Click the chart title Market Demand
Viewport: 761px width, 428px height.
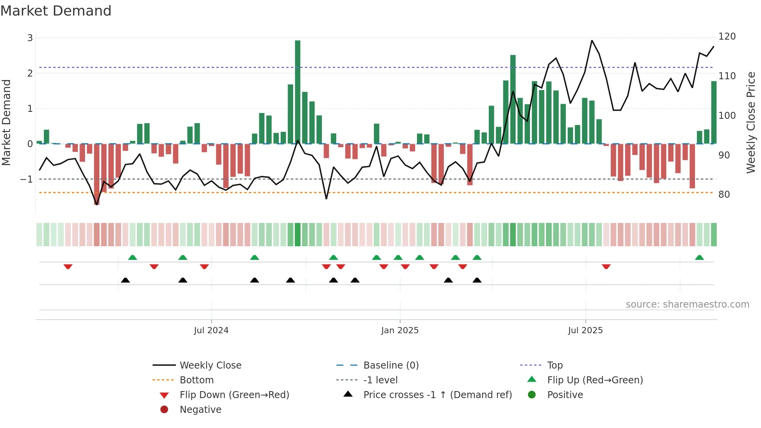click(56, 11)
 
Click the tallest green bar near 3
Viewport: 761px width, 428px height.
click(297, 92)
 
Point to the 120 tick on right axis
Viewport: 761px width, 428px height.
click(727, 37)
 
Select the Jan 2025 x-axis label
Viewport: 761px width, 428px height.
click(400, 331)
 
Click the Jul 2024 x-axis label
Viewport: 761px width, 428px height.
click(211, 331)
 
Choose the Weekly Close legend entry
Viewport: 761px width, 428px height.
click(210, 365)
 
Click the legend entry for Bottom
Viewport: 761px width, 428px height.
click(196, 380)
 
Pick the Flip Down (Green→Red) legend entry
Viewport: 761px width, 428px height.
click(234, 395)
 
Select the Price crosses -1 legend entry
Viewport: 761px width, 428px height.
click(437, 395)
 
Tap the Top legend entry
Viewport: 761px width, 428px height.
click(554, 365)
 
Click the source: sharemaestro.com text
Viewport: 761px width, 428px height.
click(687, 304)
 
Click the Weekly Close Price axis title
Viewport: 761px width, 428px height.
click(751, 122)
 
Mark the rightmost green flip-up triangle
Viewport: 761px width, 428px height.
click(699, 257)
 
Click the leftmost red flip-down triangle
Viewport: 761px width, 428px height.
click(68, 266)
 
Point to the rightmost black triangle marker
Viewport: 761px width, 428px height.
click(477, 280)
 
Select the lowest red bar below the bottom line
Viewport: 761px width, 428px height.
click(97, 175)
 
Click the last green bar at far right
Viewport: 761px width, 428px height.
click(714, 113)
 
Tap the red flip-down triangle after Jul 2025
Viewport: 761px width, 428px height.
click(606, 266)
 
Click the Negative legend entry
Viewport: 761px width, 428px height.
click(200, 410)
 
